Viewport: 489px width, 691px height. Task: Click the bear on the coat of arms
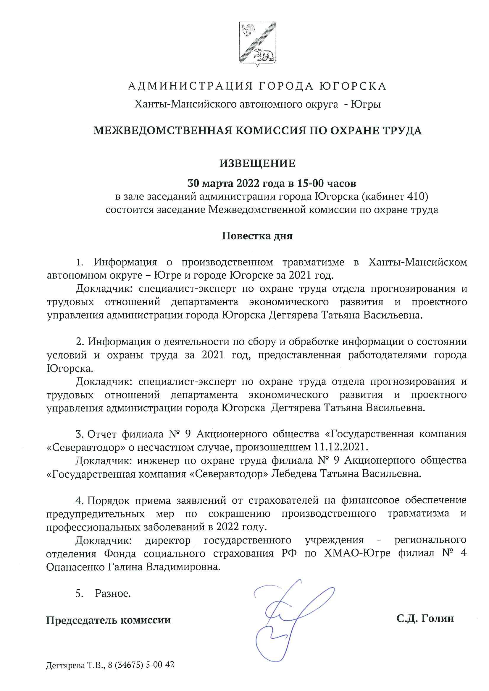click(263, 54)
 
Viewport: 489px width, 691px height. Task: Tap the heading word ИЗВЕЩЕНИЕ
click(257, 163)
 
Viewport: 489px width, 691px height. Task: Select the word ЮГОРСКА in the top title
click(353, 86)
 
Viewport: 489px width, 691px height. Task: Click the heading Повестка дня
click(257, 236)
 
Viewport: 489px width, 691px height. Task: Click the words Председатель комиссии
click(108, 611)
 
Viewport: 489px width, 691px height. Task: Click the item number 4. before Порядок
click(80, 500)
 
